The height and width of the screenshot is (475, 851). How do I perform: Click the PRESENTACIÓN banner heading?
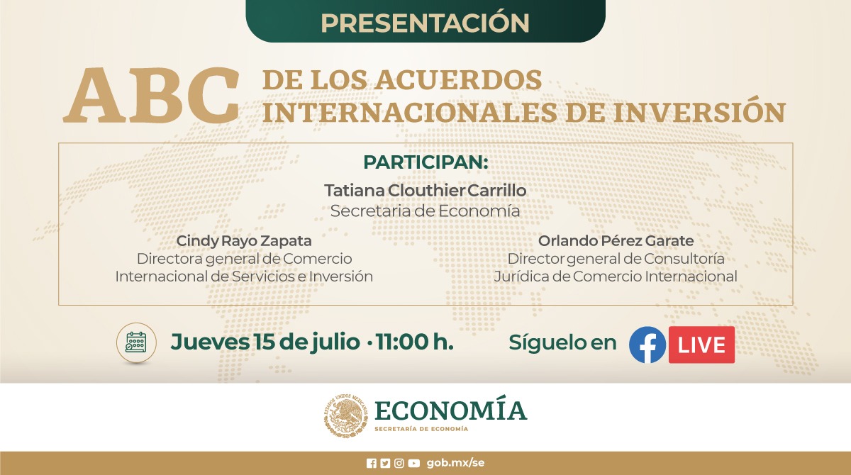pyautogui.click(x=425, y=22)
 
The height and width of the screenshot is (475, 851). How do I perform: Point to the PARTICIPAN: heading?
pyautogui.click(x=425, y=162)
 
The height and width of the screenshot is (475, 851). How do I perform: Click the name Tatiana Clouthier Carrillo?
pyautogui.click(x=425, y=191)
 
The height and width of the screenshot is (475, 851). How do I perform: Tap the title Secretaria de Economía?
pyautogui.click(x=425, y=211)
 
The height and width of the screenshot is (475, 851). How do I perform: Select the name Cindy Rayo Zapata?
pyautogui.click(x=244, y=241)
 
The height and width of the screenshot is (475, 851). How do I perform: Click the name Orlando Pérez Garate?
pyautogui.click(x=616, y=241)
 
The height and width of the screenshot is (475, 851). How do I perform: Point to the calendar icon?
pyautogui.click(x=135, y=343)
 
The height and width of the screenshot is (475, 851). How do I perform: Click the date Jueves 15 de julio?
pyautogui.click(x=265, y=342)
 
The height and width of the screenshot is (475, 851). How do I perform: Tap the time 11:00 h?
pyautogui.click(x=415, y=342)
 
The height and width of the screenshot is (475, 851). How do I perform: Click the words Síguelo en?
pyautogui.click(x=562, y=343)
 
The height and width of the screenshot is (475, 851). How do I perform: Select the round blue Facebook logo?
pyautogui.click(x=647, y=345)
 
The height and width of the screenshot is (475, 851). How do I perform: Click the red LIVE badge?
pyautogui.click(x=701, y=345)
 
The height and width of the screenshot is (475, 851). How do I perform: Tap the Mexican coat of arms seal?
pyautogui.click(x=347, y=415)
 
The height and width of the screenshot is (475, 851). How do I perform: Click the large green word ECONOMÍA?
pyautogui.click(x=450, y=410)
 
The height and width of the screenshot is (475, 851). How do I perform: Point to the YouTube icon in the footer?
pyautogui.click(x=413, y=463)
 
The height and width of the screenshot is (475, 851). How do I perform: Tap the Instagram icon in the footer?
pyautogui.click(x=399, y=463)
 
